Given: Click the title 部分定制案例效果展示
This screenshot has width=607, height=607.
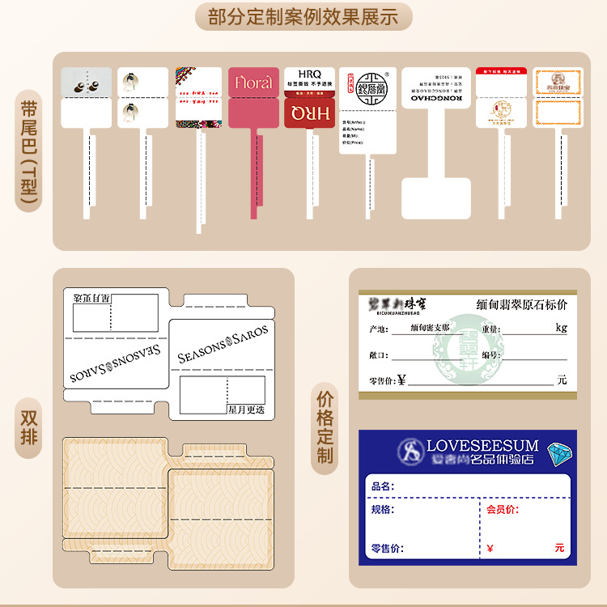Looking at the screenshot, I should tap(303, 17).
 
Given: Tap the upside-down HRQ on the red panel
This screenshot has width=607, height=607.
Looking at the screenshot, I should tap(309, 113).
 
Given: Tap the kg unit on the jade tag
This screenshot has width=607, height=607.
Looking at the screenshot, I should tap(561, 328).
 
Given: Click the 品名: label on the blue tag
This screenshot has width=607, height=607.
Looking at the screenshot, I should tap(382, 486).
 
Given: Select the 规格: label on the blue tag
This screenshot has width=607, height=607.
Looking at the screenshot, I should tap(382, 509).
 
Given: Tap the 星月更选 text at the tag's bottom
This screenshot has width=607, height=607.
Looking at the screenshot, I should tap(246, 410).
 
